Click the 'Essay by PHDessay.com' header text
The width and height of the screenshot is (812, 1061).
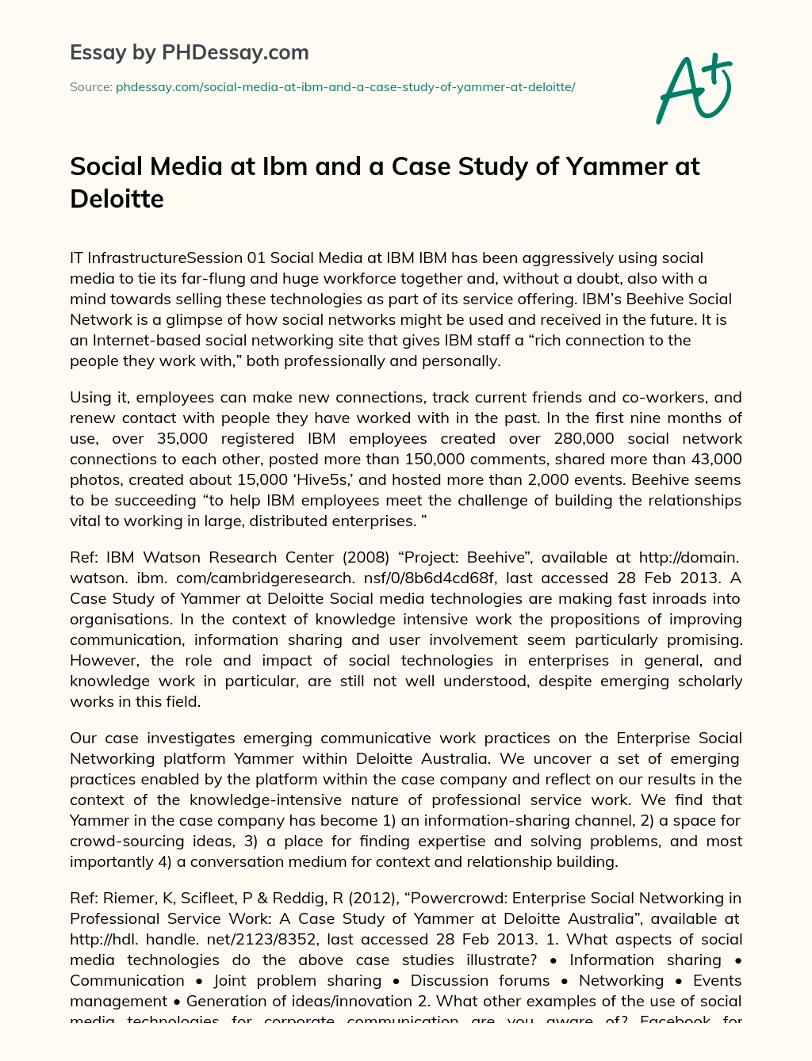click(x=190, y=53)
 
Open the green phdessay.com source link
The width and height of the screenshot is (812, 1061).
click(x=345, y=87)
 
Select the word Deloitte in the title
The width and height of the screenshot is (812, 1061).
click(x=117, y=198)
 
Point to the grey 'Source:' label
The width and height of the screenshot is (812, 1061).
click(x=90, y=87)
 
